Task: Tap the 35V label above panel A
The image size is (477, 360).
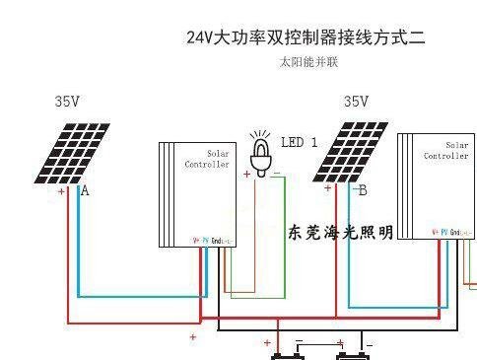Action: coord(67,102)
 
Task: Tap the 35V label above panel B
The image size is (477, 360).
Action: coord(356,102)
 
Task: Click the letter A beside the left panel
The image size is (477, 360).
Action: coord(85,190)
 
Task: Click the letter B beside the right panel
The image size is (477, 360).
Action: coord(363,189)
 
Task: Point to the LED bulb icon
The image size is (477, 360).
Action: coord(261,153)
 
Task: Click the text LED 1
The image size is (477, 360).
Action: coord(299,142)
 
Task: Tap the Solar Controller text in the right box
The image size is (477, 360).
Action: coord(445,151)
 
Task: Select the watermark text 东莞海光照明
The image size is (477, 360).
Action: coord(340,233)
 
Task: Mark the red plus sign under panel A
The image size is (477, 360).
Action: coord(61,192)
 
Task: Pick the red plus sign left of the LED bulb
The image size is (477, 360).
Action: coord(246,175)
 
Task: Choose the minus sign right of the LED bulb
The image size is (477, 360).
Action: coord(277,174)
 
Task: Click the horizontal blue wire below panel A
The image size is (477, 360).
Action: coord(138,296)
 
